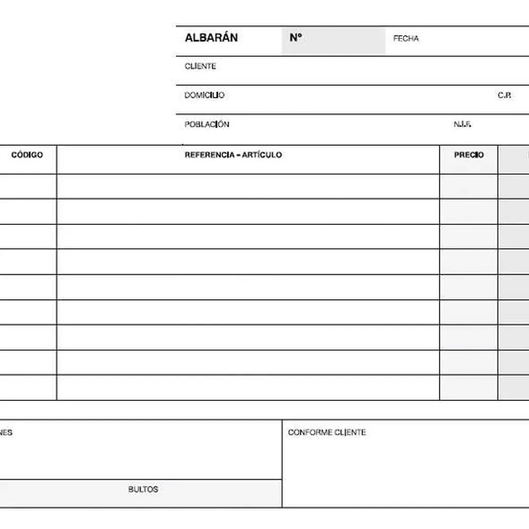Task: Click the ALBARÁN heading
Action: click(211, 38)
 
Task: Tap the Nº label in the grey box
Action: click(295, 38)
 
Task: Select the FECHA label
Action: click(406, 39)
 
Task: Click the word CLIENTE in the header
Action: click(200, 66)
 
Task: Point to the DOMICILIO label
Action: click(204, 95)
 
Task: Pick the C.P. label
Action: click(504, 96)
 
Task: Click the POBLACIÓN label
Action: click(207, 125)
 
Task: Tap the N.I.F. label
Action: click(462, 125)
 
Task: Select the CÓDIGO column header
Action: click(27, 155)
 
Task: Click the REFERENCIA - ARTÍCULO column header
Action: click(233, 155)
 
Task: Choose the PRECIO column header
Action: click(469, 155)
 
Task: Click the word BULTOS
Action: click(143, 489)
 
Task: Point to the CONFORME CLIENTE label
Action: click(327, 432)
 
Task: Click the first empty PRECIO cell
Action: click(469, 186)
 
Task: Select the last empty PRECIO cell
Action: click(469, 388)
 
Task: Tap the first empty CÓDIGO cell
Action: click(27, 186)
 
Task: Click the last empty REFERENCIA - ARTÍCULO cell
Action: click(248, 388)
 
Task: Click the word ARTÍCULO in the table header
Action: click(262, 155)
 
